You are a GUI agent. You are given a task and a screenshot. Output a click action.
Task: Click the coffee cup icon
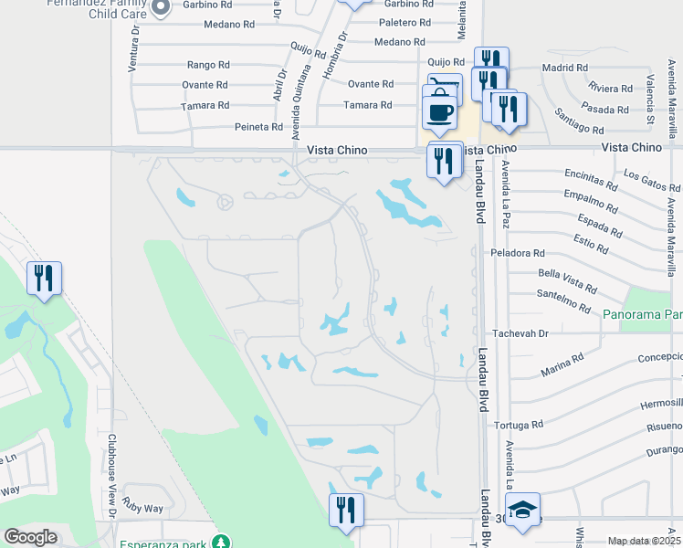[440, 111]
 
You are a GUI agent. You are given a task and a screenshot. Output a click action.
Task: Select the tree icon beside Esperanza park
[220, 542]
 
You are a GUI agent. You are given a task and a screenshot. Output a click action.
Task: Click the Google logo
[31, 537]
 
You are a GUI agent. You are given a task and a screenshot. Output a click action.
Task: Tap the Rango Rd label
[208, 65]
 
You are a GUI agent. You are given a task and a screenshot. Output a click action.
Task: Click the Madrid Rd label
[563, 68]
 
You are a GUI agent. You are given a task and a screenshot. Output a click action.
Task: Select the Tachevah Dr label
[520, 334]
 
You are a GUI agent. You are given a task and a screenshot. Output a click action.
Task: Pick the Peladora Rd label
[517, 253]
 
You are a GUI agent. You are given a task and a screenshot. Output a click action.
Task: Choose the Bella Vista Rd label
[568, 280]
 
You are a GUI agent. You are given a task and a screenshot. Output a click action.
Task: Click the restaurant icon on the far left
[44, 278]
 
